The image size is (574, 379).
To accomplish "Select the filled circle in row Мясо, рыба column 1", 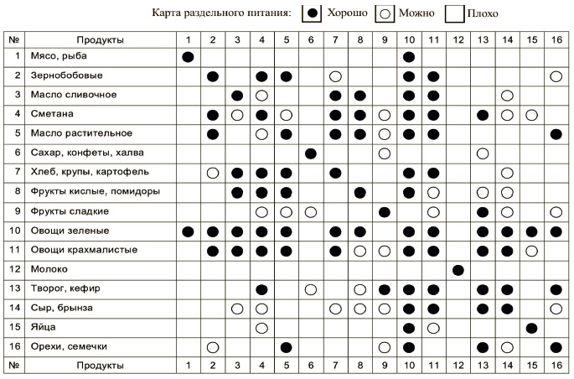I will coord(188,57).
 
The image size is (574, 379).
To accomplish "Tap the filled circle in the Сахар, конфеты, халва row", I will coord(310,153).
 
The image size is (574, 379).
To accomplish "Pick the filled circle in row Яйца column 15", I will coord(531,327).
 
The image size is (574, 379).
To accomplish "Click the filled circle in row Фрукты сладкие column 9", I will coord(385,211).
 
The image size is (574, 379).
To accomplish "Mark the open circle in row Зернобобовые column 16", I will coord(556,76).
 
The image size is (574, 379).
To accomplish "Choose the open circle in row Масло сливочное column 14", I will coord(507,96).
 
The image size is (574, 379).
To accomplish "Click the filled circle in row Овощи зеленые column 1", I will coord(188,231).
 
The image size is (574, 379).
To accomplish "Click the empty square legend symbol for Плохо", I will coord(455,13).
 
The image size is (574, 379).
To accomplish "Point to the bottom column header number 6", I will coord(310,366).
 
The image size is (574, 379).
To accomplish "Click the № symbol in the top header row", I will coord(13,39).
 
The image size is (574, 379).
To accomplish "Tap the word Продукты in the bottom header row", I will coord(100,366).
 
